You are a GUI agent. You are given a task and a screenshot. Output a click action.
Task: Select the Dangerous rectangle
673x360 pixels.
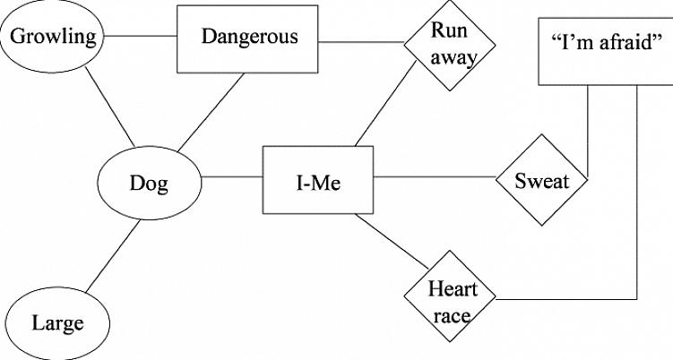click(x=249, y=39)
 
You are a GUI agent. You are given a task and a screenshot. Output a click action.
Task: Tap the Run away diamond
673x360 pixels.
click(x=450, y=44)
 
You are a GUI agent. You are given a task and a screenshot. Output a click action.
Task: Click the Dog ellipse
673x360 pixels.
click(x=150, y=184)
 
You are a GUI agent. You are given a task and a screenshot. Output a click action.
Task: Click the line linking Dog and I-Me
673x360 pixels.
click(x=233, y=177)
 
